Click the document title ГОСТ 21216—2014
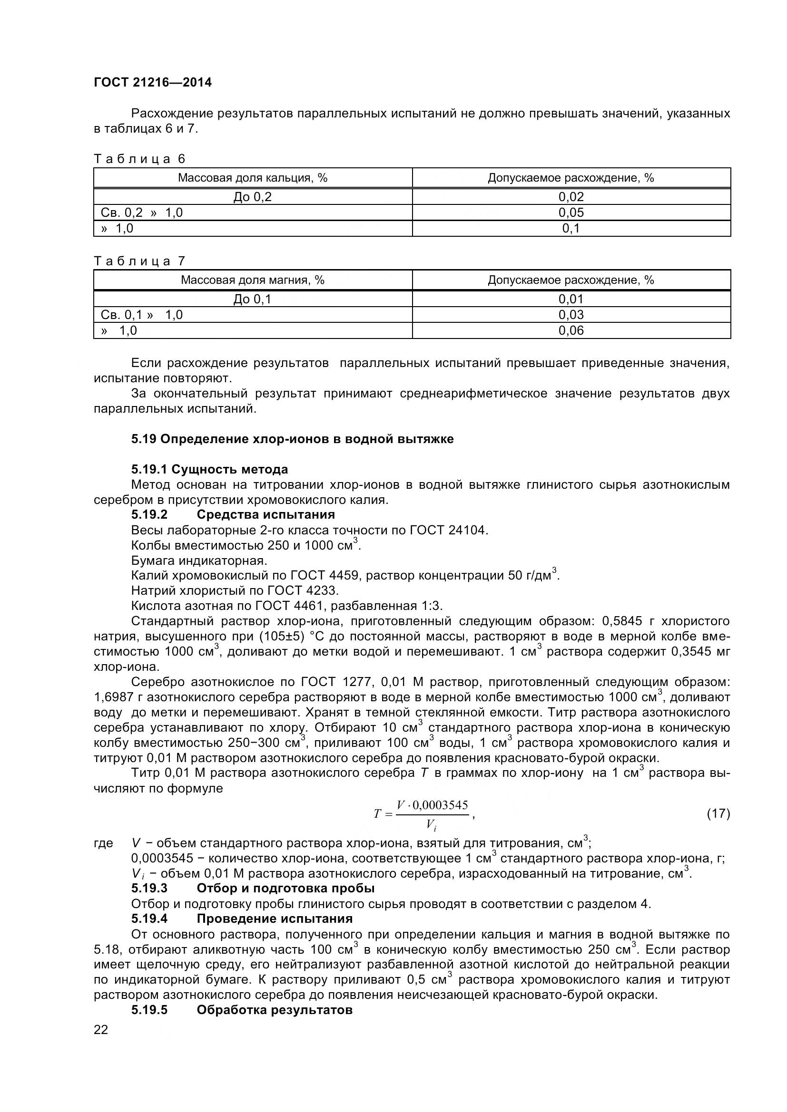click(153, 82)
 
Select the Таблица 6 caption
click(139, 159)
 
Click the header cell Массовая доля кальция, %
click(253, 178)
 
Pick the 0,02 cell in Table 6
click(571, 197)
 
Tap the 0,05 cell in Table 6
click(571, 213)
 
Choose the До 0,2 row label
click(253, 197)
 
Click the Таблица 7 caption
click(139, 261)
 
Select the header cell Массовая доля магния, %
click(253, 280)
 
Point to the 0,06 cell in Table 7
click(571, 330)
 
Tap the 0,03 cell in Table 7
click(571, 315)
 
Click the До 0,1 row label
click(253, 300)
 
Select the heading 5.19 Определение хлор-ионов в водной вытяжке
click(292, 439)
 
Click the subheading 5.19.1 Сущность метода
click(209, 469)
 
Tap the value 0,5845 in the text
click(627, 621)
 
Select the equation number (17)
click(718, 813)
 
